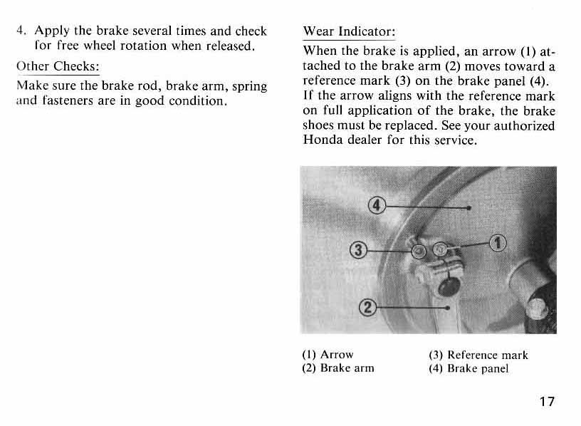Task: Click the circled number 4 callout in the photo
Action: (376, 207)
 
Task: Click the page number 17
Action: (546, 401)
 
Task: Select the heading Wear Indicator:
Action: (349, 32)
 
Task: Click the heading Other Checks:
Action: (57, 68)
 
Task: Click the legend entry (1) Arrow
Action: (328, 354)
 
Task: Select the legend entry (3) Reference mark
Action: (478, 354)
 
